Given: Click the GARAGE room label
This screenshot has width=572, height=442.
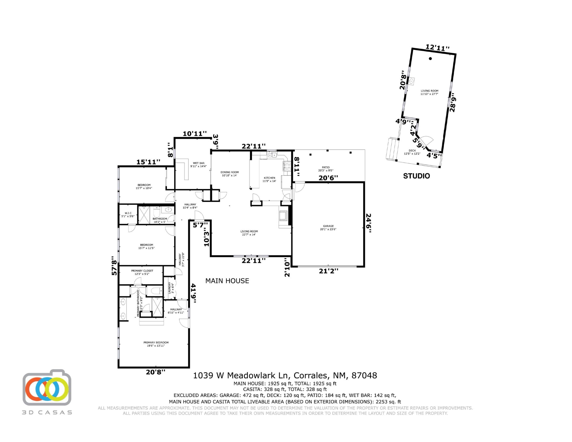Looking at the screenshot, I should pyautogui.click(x=328, y=226).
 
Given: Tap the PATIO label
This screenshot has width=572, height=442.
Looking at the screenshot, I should pyautogui.click(x=326, y=167).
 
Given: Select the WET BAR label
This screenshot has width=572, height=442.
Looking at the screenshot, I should pyautogui.click(x=199, y=163).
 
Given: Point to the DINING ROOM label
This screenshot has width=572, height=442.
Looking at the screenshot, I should pyautogui.click(x=229, y=172).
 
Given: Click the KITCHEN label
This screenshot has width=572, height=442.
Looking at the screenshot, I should pyautogui.click(x=269, y=178).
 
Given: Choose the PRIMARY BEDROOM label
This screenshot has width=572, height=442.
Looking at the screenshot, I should pyautogui.click(x=156, y=342).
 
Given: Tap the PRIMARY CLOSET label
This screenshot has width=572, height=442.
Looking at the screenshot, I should pyautogui.click(x=142, y=271).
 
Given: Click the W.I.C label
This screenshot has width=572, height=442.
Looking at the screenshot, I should pyautogui.click(x=128, y=213).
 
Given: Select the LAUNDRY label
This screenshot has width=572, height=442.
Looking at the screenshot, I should pyautogui.click(x=170, y=288).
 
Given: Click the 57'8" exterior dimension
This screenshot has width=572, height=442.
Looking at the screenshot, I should pyautogui.click(x=114, y=265).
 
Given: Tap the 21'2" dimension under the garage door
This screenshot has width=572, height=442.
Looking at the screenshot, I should pyautogui.click(x=328, y=271).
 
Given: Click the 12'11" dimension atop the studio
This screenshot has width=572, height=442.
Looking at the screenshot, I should pyautogui.click(x=437, y=48).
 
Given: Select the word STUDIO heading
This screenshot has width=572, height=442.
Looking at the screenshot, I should pyautogui.click(x=417, y=176).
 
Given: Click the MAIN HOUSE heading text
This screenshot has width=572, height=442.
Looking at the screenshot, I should pyautogui.click(x=227, y=281).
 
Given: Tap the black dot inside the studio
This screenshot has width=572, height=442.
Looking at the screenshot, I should pyautogui.click(x=430, y=59).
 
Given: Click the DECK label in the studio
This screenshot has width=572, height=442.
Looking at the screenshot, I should pyautogui.click(x=412, y=151).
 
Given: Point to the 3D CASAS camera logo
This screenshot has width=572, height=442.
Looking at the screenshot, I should pyautogui.click(x=47, y=388).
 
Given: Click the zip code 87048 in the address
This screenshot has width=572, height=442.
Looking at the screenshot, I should pyautogui.click(x=364, y=376).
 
